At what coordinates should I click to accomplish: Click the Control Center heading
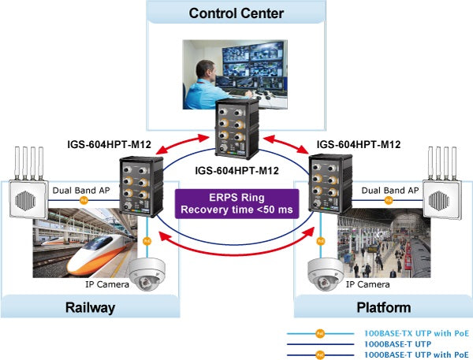(x=236, y=13)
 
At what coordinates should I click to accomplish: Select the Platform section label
(x=382, y=306)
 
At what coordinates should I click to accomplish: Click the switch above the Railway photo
(x=136, y=186)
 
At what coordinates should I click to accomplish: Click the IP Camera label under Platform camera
(x=367, y=284)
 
